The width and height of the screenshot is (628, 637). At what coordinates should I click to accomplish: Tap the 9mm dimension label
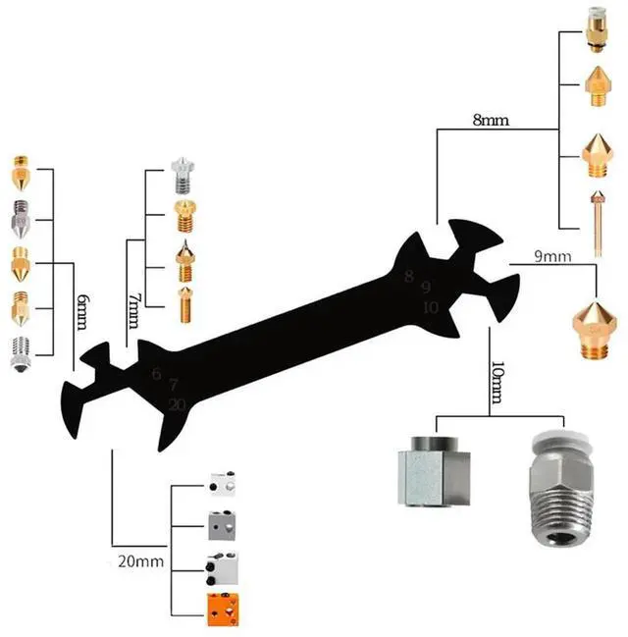click(551, 257)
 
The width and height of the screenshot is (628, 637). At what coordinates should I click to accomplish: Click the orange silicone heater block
click(222, 609)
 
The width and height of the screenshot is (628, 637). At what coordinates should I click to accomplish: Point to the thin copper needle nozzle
click(596, 222)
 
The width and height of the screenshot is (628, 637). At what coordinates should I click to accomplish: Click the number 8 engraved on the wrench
click(409, 276)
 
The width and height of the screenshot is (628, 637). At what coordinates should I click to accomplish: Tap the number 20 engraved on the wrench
click(177, 404)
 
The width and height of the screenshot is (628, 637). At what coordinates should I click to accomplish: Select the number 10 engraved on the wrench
click(429, 307)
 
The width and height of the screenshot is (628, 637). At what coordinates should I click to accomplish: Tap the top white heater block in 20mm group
click(221, 483)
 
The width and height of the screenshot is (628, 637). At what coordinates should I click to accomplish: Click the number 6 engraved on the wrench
click(156, 374)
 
